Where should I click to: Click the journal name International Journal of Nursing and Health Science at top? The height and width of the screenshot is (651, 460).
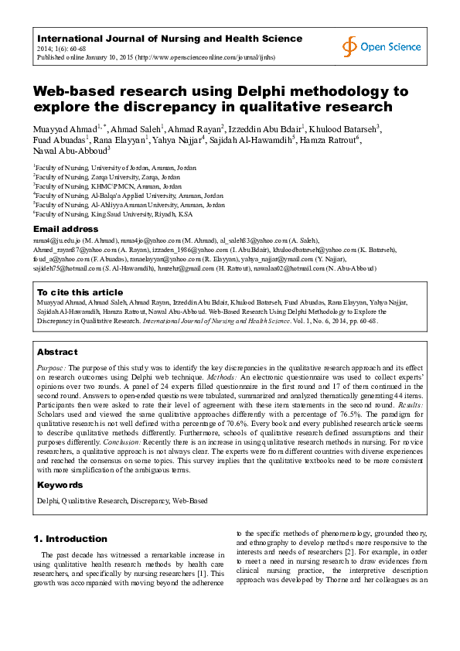[169, 38]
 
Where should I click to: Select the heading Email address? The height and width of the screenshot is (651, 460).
[65, 230]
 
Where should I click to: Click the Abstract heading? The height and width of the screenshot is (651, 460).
[57, 351]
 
